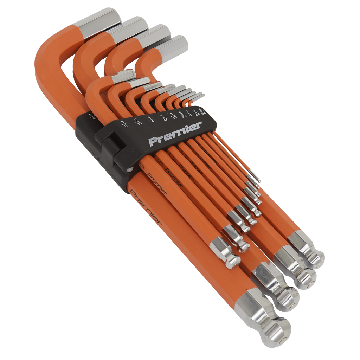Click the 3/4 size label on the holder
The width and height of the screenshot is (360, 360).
click(93, 117)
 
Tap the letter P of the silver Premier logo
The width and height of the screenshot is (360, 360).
click(152, 142)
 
